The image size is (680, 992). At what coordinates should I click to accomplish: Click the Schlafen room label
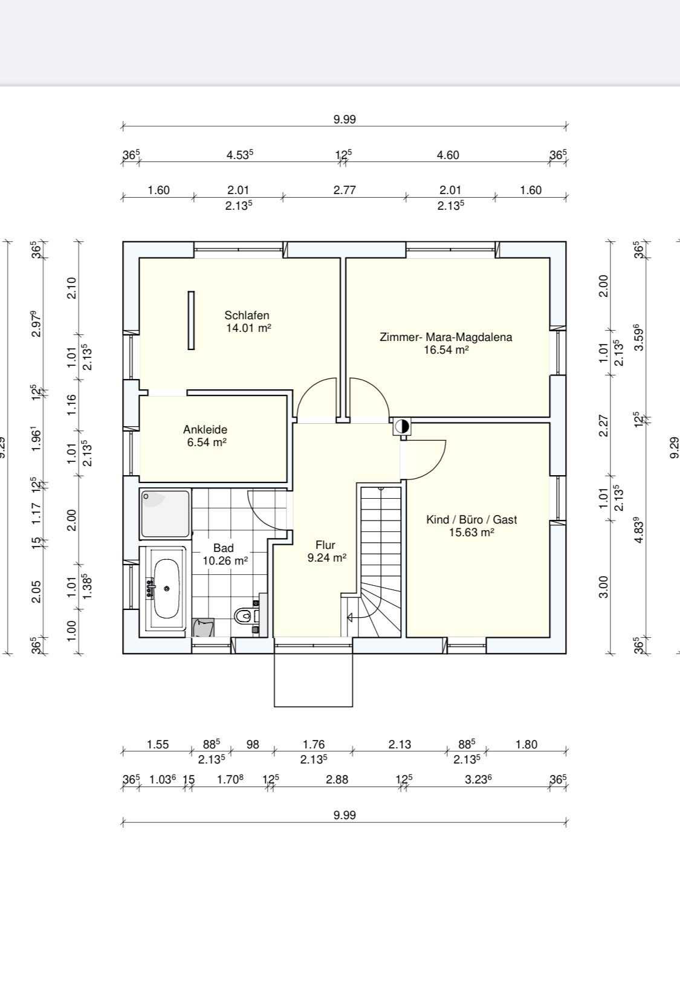click(x=247, y=316)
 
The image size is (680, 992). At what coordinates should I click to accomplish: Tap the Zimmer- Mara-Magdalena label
click(x=446, y=337)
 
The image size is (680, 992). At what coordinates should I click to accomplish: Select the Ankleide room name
click(x=205, y=430)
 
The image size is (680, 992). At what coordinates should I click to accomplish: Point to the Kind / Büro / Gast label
click(x=471, y=519)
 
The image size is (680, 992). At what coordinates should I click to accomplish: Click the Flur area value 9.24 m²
click(x=327, y=558)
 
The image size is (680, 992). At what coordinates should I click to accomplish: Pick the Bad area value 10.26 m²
click(x=225, y=561)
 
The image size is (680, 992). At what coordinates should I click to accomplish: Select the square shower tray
click(x=165, y=514)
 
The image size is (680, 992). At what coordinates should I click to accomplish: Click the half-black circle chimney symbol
click(x=401, y=427)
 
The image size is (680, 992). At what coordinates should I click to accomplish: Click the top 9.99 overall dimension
click(x=345, y=120)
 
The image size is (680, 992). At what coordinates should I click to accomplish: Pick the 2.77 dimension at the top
click(x=345, y=190)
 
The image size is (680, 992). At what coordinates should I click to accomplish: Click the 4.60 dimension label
click(x=447, y=155)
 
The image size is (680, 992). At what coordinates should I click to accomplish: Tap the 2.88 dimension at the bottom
click(x=337, y=779)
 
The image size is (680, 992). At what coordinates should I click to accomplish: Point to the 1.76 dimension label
click(x=314, y=744)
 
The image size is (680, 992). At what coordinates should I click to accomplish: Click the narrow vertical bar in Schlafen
click(x=191, y=320)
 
